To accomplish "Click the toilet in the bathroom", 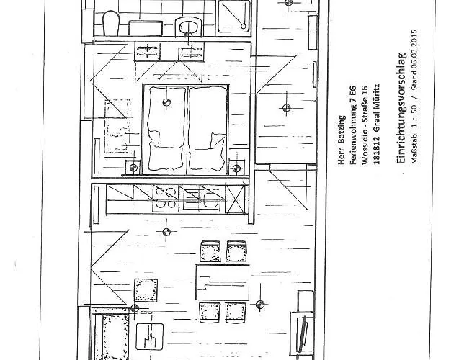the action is point(111,23).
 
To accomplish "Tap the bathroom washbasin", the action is point(189,27).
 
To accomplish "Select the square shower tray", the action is point(234,16).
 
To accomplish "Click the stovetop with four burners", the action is point(166,199).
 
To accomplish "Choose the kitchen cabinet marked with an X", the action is point(236,199).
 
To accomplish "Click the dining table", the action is point(223,282).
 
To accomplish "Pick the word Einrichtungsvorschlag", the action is point(401,108).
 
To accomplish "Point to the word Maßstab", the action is point(414,147).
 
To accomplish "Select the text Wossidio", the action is point(365,148).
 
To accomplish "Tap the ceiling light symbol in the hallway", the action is point(286,108).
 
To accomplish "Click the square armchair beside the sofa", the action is point(146,290).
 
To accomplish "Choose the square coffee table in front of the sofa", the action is point(150,337).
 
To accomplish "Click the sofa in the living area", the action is point(111,334).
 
